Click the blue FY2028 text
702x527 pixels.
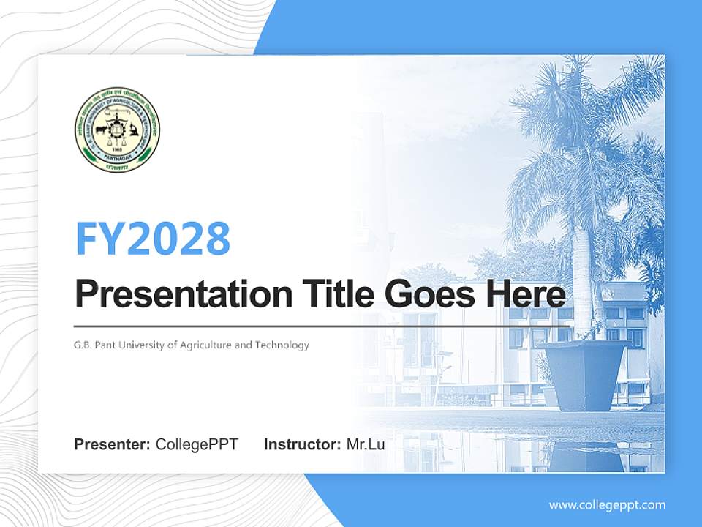153,238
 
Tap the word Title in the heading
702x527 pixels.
335,294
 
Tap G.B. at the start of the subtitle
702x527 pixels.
83,345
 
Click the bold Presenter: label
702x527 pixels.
113,444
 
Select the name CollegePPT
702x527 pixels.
197,444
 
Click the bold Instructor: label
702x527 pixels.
302,444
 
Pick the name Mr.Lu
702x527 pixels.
365,444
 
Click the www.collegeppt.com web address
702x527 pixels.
607,504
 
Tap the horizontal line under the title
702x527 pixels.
322,326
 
